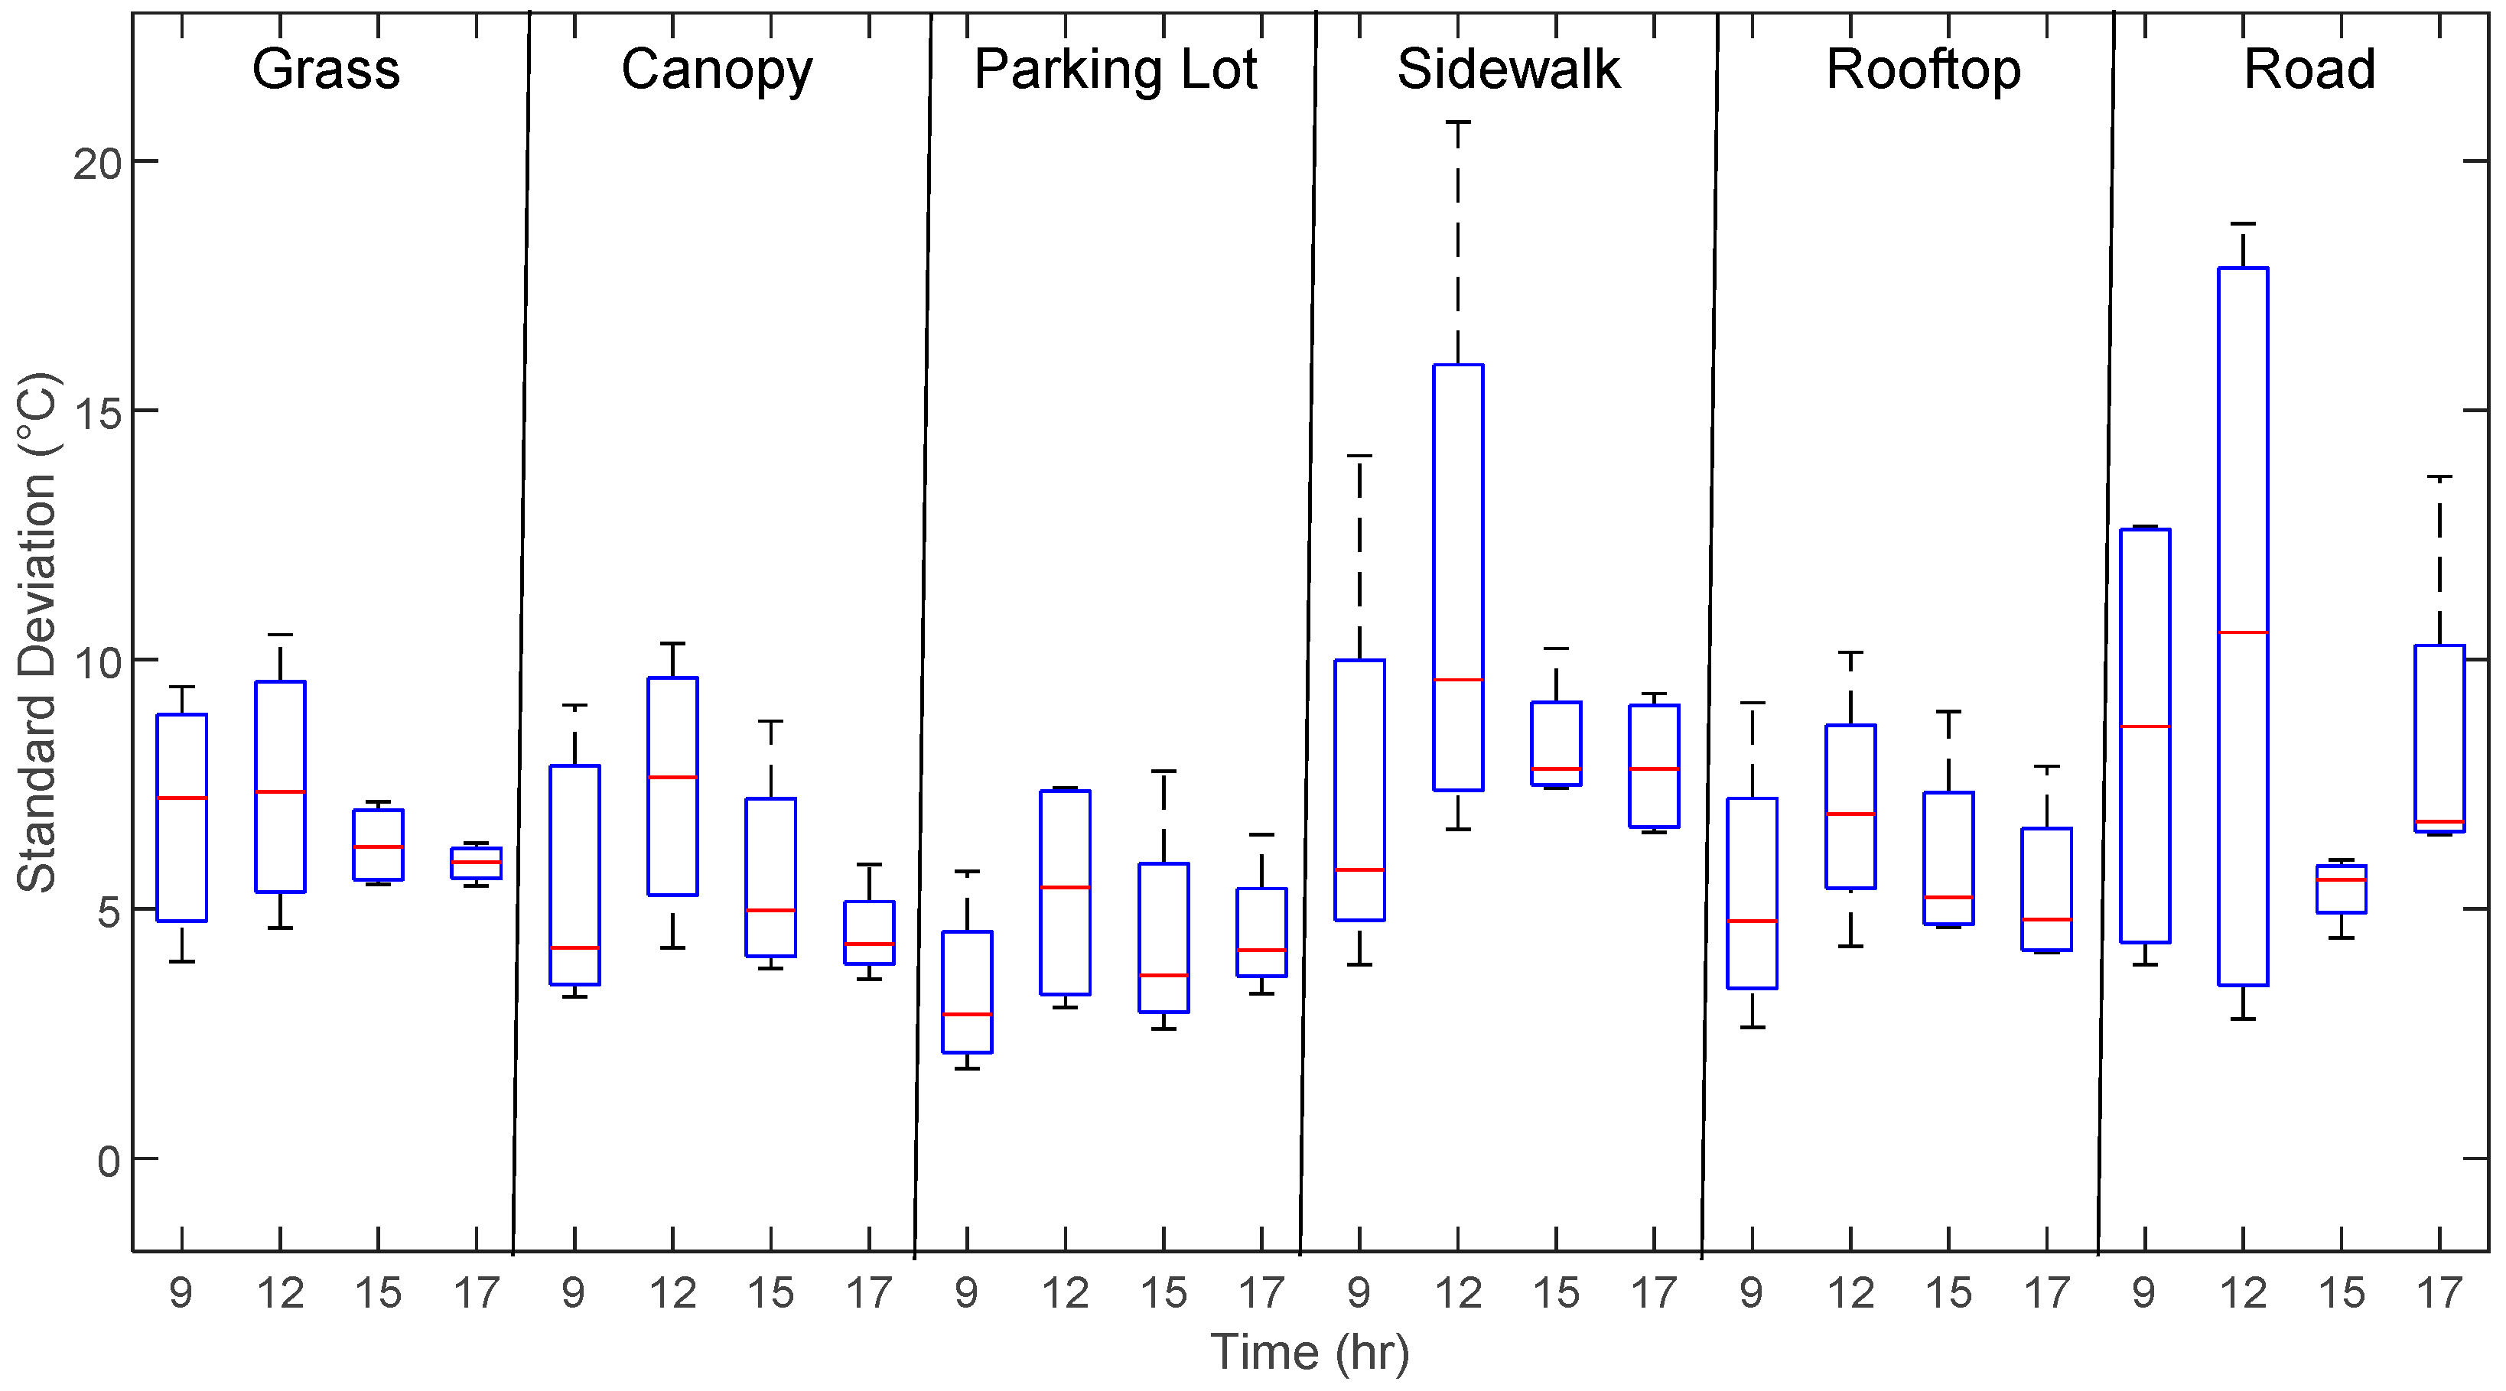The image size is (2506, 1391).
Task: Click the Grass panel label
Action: click(x=326, y=70)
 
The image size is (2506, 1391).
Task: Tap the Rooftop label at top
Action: click(x=1922, y=70)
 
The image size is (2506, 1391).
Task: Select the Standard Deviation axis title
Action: click(x=37, y=632)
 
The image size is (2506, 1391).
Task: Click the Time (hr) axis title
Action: click(x=1310, y=1352)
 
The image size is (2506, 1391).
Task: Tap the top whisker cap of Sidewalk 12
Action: click(x=1457, y=122)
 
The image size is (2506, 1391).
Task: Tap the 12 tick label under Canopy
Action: click(x=672, y=1293)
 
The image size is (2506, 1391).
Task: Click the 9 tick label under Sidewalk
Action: click(x=1359, y=1293)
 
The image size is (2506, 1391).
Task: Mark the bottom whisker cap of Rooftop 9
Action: click(x=1752, y=1027)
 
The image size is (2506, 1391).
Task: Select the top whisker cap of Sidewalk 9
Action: click(x=1359, y=455)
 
